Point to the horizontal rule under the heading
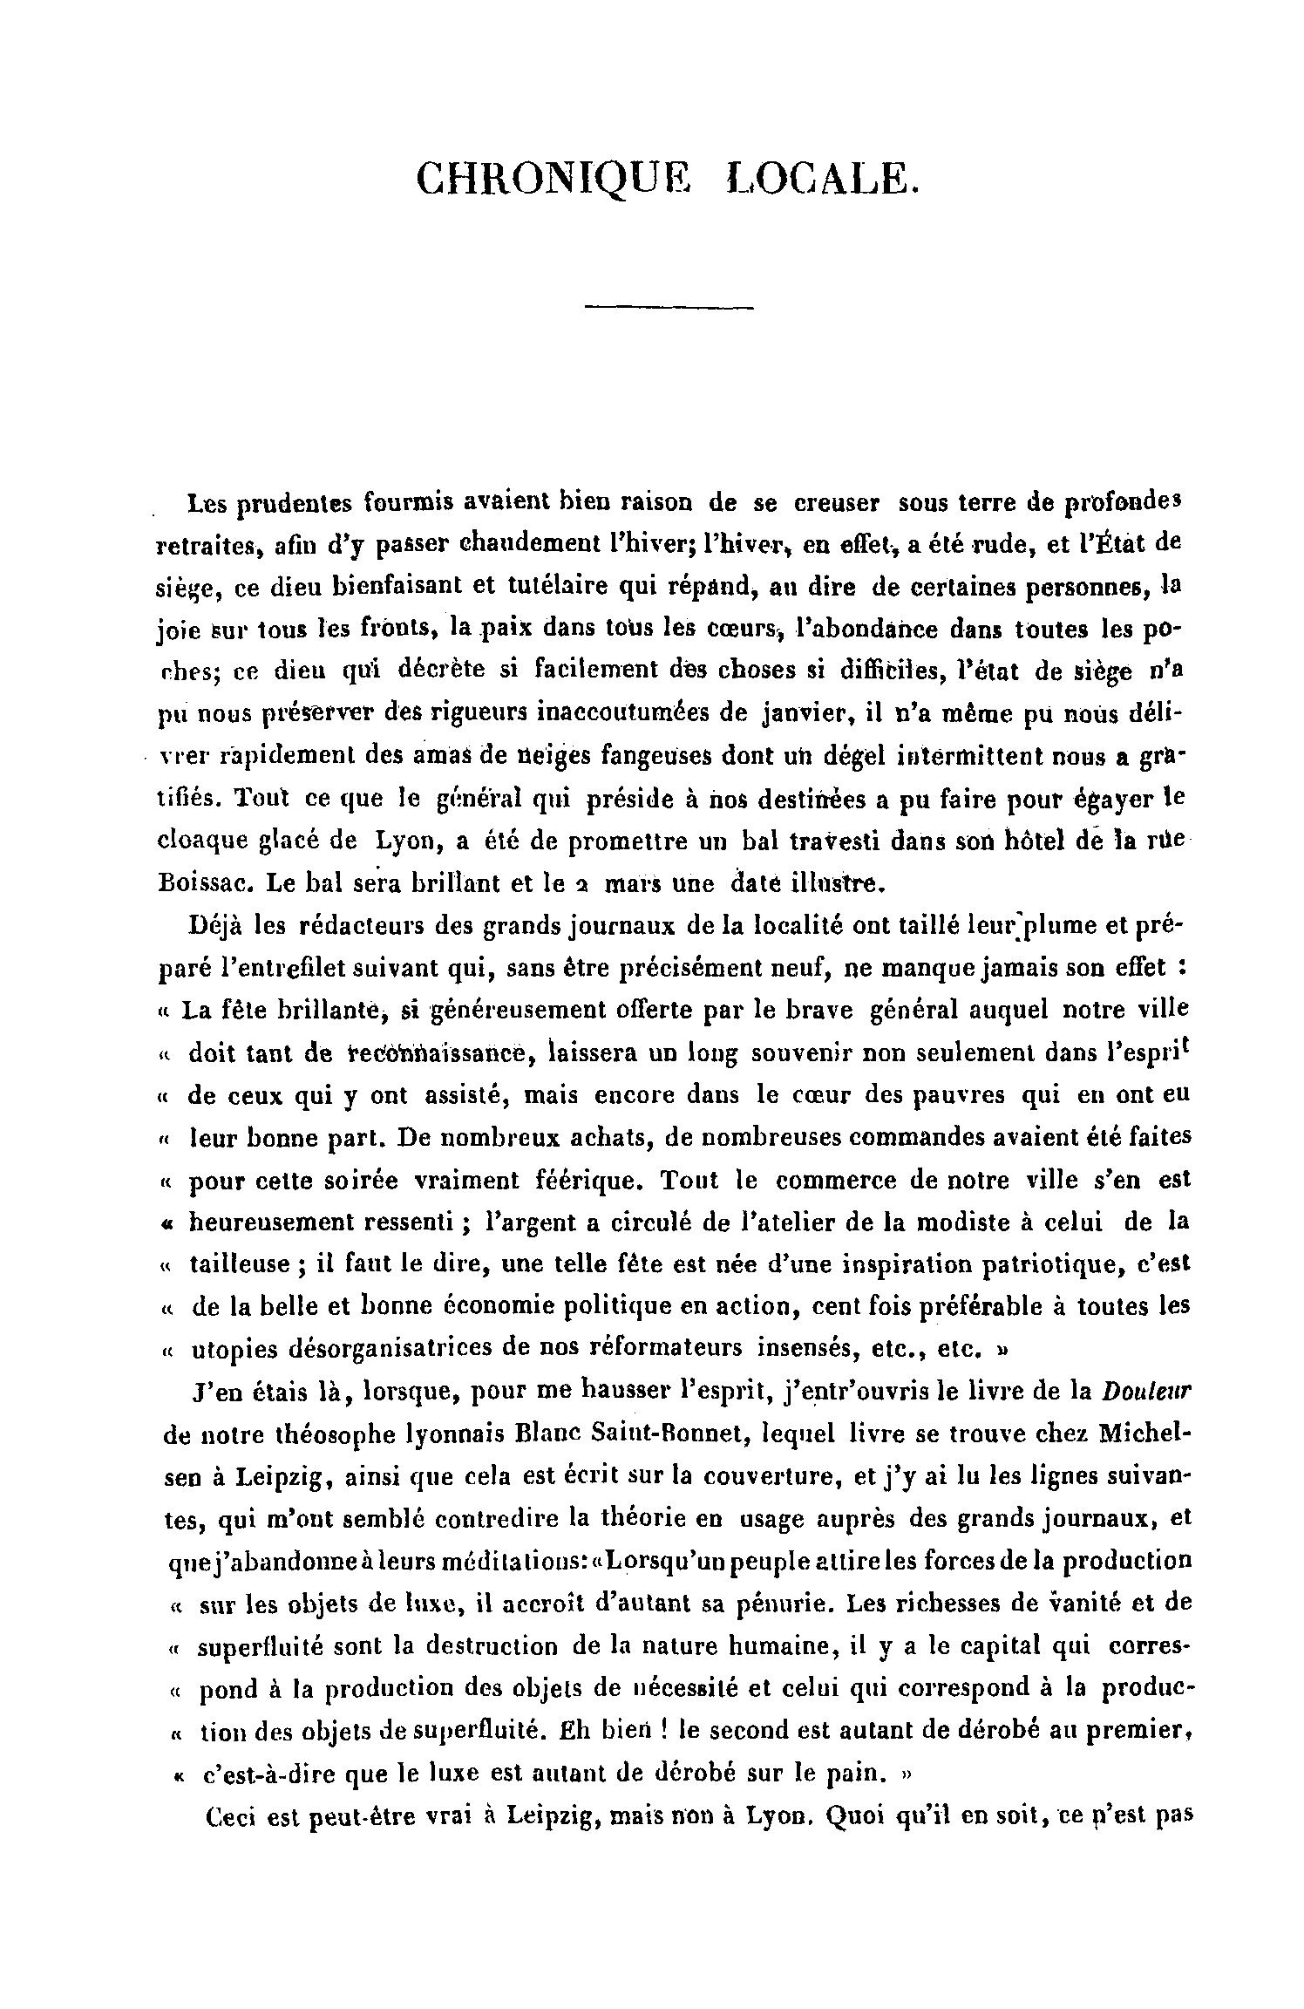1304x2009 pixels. click(x=669, y=306)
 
